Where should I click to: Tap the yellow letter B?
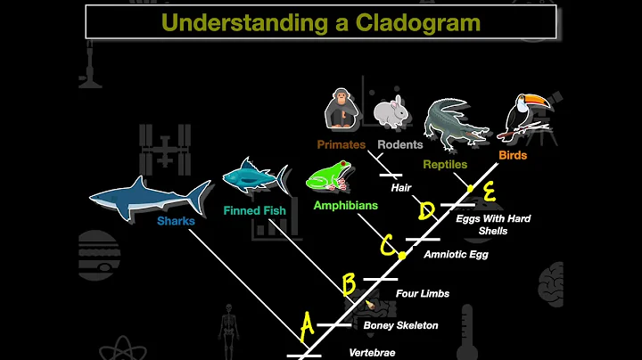(x=349, y=284)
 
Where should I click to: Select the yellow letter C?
(x=387, y=243)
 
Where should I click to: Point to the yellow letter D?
(x=427, y=211)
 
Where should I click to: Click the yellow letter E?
(x=489, y=191)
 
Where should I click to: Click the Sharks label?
(x=176, y=219)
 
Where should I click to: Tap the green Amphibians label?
(x=345, y=205)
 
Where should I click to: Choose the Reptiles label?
(x=445, y=165)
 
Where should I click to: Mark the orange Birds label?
(x=513, y=155)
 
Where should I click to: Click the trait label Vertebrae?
(x=372, y=353)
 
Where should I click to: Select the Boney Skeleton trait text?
(x=400, y=325)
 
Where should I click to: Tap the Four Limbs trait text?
(x=423, y=293)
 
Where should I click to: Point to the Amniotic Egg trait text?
(x=456, y=254)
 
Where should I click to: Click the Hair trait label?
(x=399, y=188)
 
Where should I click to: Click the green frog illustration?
(x=328, y=176)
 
